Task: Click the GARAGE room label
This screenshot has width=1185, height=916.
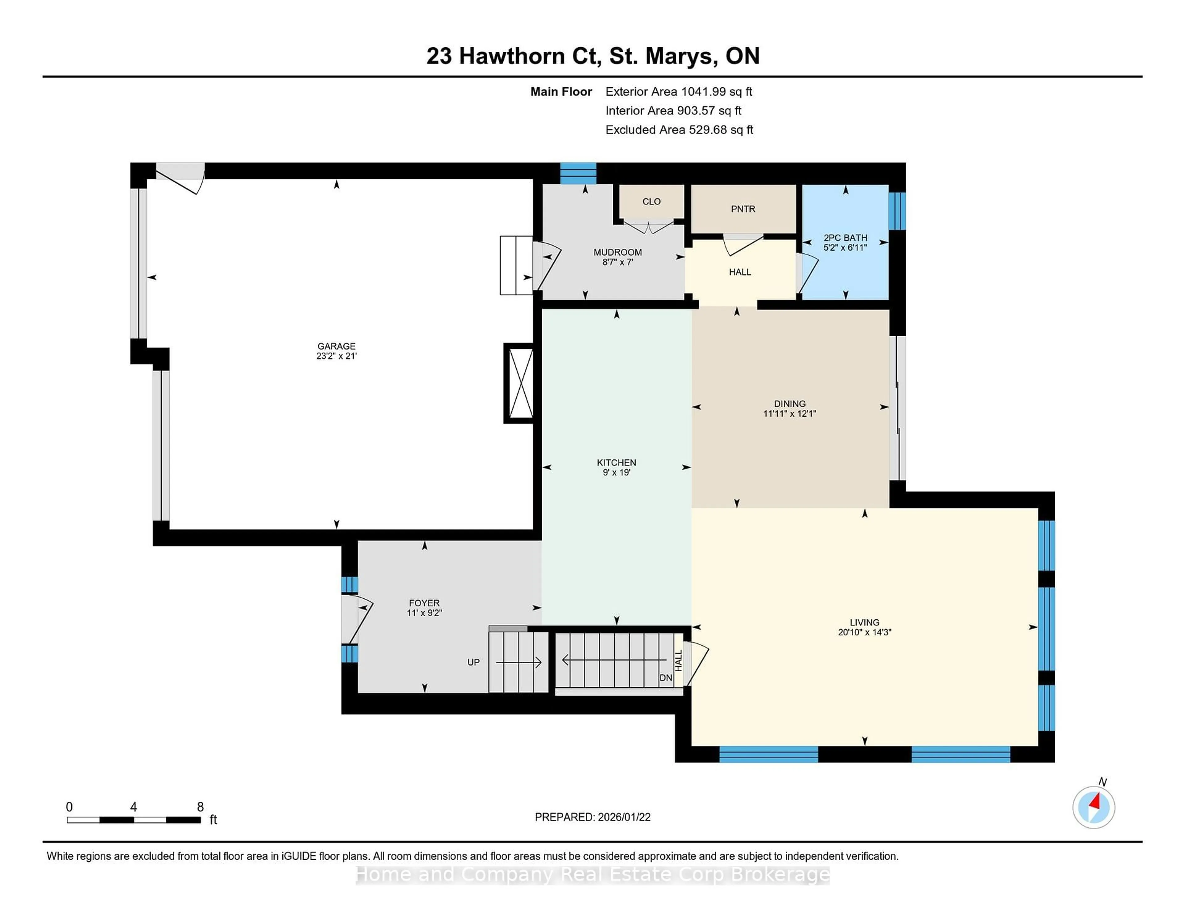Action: [336, 346]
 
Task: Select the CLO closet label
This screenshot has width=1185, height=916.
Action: [651, 201]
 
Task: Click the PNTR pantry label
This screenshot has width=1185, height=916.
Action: [743, 209]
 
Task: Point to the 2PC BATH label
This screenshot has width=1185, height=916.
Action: [845, 238]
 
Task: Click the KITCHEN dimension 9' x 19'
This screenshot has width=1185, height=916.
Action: [616, 473]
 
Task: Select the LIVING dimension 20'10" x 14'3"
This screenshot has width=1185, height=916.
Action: [864, 632]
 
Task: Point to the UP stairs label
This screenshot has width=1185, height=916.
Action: [473, 662]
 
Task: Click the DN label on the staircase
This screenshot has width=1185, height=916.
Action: [665, 678]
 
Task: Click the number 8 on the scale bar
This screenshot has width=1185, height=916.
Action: [200, 807]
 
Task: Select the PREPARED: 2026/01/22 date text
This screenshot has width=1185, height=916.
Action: [592, 817]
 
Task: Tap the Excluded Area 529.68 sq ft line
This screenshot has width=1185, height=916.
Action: [679, 130]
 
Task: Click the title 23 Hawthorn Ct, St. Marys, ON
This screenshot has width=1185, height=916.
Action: [592, 56]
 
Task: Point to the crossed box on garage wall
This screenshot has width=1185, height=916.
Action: [520, 383]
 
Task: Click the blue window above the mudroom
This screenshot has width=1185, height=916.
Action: [578, 173]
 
